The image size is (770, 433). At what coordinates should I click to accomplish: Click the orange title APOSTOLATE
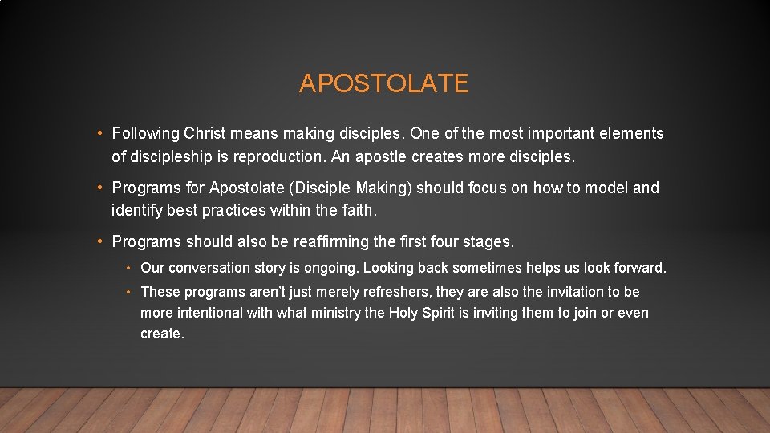click(x=383, y=83)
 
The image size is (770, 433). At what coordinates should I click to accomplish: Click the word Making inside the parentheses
click(x=386, y=188)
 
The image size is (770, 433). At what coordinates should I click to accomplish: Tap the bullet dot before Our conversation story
click(x=128, y=268)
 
